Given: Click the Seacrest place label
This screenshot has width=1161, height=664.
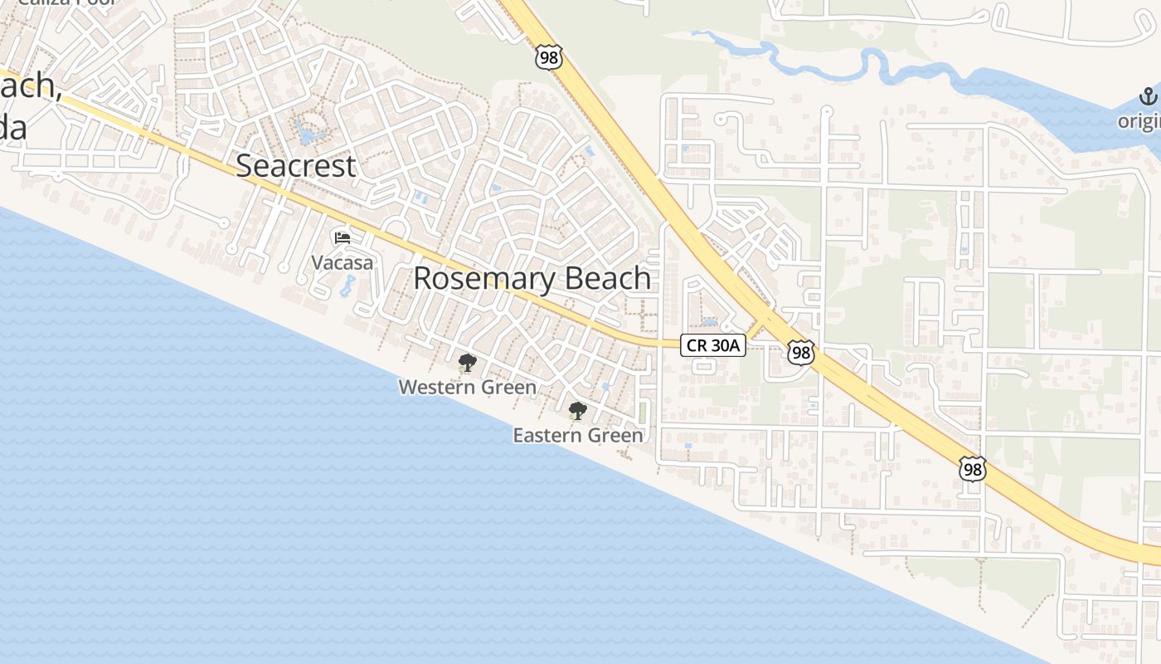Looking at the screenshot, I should click(x=296, y=166).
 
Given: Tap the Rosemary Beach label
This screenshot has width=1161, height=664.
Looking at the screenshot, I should click(x=532, y=279).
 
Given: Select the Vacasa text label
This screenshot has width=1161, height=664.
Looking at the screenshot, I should click(x=342, y=263).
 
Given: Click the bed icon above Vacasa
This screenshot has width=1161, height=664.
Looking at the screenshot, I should click(x=342, y=238).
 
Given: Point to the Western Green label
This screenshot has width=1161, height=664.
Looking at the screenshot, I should click(x=468, y=387).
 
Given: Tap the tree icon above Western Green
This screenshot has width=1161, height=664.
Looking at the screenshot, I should click(x=467, y=363).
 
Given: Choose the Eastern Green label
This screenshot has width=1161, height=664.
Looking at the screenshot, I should click(x=578, y=435).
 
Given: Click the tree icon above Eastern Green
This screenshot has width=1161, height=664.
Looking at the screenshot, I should click(x=577, y=411).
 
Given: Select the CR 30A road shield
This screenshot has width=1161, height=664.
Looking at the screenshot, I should click(x=713, y=345).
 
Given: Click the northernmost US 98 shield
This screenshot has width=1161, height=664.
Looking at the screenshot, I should click(x=549, y=57).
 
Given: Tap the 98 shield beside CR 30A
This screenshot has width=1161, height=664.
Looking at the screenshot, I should click(x=800, y=353).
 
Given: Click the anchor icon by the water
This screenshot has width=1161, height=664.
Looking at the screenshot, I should click(x=1149, y=96).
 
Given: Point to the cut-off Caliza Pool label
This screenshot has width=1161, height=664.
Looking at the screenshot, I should click(x=66, y=2).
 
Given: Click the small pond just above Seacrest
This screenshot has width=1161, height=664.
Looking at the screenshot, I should click(x=308, y=133).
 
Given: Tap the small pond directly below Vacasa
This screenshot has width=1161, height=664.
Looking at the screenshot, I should click(x=347, y=287).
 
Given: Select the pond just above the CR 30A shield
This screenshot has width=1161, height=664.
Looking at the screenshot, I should click(x=709, y=321).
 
